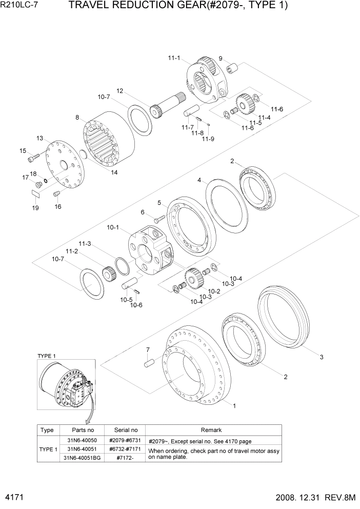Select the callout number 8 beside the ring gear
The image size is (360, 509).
[77, 118]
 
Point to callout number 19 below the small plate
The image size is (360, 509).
[35, 208]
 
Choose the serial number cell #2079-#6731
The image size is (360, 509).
[125, 440]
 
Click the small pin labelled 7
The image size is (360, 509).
[148, 363]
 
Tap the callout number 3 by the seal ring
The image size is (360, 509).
[322, 357]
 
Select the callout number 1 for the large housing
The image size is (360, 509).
[234, 405]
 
